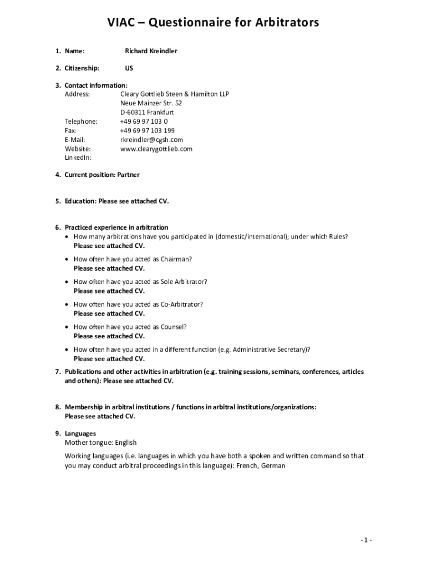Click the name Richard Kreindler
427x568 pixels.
151,51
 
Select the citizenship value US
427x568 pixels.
129,68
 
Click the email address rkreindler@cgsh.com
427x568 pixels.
151,140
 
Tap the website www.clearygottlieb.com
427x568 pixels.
156,149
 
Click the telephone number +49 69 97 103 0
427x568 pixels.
144,121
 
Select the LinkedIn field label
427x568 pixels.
78,158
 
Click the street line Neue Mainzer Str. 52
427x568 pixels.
151,103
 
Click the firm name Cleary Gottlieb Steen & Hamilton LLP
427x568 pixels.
174,94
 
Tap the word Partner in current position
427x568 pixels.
128,175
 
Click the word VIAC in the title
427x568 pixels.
123,23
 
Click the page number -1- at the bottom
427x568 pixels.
365,540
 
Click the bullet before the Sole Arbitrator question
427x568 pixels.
67,282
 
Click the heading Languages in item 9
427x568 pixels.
80,433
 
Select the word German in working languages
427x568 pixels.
273,466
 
